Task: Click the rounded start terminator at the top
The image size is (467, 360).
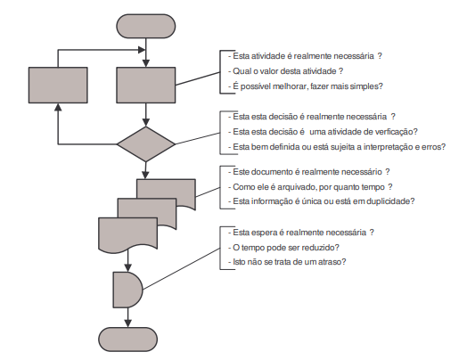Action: (x=145, y=26)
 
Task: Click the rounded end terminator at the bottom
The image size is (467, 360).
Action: (x=127, y=340)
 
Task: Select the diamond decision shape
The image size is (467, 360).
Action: (x=145, y=144)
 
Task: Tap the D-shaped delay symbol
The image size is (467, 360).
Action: (x=127, y=290)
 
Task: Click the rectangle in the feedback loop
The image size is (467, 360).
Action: (x=58, y=86)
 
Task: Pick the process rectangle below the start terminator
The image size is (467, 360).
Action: (x=145, y=86)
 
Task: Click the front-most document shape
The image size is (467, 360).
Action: (x=127, y=233)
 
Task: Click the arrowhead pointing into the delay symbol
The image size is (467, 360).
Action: (x=127, y=267)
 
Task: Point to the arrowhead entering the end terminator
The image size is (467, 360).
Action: (x=127, y=323)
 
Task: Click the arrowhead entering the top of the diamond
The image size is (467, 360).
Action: (x=145, y=122)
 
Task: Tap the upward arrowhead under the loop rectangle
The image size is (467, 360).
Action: (x=59, y=108)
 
